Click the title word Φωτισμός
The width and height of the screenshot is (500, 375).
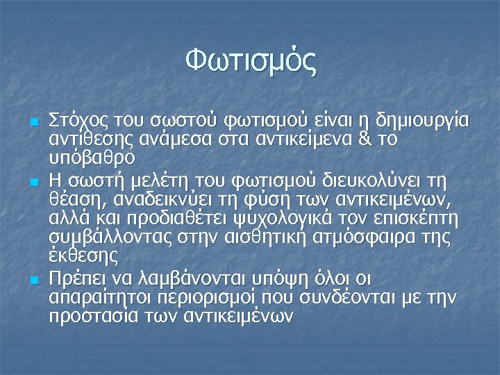250,61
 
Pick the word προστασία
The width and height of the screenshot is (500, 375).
93,316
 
